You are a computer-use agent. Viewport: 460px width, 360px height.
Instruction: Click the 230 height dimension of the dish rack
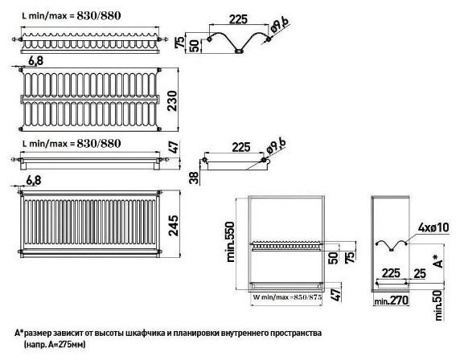click(x=172, y=100)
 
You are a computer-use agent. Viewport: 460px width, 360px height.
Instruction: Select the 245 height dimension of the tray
click(x=174, y=226)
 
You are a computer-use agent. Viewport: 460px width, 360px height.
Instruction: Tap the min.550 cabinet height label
click(x=231, y=242)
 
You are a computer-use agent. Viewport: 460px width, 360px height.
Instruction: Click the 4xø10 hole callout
click(x=433, y=227)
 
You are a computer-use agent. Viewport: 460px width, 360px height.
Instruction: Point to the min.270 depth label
click(x=391, y=301)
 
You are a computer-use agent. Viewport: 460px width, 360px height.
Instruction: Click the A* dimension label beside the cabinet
click(x=437, y=260)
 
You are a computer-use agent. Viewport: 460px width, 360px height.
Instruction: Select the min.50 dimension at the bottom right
click(x=438, y=305)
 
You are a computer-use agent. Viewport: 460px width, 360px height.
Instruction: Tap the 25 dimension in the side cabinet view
click(x=420, y=273)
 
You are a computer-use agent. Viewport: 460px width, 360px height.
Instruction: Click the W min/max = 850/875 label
click(x=287, y=297)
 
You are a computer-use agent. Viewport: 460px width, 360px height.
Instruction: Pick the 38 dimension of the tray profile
click(x=194, y=178)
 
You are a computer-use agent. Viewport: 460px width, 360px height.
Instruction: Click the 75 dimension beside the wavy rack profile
click(x=181, y=42)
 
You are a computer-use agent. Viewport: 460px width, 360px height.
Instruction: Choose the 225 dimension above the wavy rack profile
click(x=238, y=19)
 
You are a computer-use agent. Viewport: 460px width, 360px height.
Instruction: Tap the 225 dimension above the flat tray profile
click(x=241, y=147)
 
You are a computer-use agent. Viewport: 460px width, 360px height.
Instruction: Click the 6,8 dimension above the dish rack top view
click(x=36, y=61)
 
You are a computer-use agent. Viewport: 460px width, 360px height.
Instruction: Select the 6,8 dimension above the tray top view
click(x=34, y=181)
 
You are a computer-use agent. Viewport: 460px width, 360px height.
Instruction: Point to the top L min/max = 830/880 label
click(x=72, y=15)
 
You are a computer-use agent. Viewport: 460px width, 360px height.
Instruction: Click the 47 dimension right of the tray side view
click(x=174, y=147)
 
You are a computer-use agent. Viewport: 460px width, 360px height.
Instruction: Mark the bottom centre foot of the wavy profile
click(x=239, y=51)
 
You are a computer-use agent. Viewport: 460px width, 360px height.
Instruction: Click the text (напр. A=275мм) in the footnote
click(x=55, y=344)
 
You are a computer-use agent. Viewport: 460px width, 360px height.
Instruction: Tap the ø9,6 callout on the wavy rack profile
click(x=279, y=25)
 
